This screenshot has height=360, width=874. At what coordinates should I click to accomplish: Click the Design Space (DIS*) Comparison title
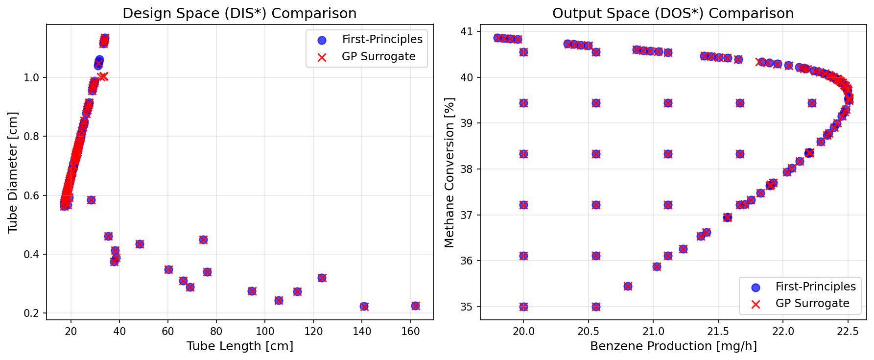tap(239, 13)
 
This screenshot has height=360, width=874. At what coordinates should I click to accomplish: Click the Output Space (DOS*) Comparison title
tap(673, 13)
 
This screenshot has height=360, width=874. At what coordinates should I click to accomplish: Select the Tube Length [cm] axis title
tap(240, 346)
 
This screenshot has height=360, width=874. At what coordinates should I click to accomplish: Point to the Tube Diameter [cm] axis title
tap(13, 172)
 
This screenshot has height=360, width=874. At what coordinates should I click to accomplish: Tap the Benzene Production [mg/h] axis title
tap(673, 346)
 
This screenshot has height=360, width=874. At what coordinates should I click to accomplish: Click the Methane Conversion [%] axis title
tap(449, 172)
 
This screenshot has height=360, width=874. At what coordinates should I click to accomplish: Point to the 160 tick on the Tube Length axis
tap(410, 331)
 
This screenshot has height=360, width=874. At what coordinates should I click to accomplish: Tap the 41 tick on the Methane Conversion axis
tap(467, 31)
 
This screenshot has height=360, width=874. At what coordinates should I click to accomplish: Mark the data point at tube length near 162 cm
tap(415, 306)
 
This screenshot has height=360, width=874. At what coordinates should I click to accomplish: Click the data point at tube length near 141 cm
tap(364, 306)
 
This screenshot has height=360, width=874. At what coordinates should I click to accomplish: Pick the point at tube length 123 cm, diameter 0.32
tap(322, 278)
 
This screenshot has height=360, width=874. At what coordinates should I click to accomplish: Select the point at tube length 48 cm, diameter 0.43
tap(140, 244)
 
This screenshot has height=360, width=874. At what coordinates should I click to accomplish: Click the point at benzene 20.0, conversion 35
tap(523, 307)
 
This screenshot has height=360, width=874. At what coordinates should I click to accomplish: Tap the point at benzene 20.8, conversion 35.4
tap(628, 286)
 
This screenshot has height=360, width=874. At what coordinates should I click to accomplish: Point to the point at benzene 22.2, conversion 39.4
tap(812, 103)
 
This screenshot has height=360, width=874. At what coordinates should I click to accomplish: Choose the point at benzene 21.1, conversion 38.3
tap(668, 154)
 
